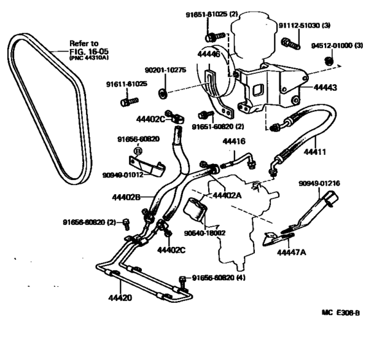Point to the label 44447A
tap(293, 252)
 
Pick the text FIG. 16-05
tap(88, 53)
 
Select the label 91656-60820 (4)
tap(223, 278)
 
